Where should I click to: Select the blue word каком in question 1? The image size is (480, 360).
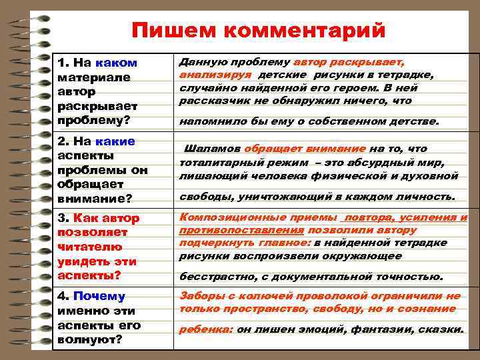pyautogui.click(x=116, y=63)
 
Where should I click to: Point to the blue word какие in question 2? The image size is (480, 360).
pyautogui.click(x=115, y=141)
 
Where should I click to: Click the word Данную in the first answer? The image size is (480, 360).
pyautogui.click(x=201, y=62)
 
